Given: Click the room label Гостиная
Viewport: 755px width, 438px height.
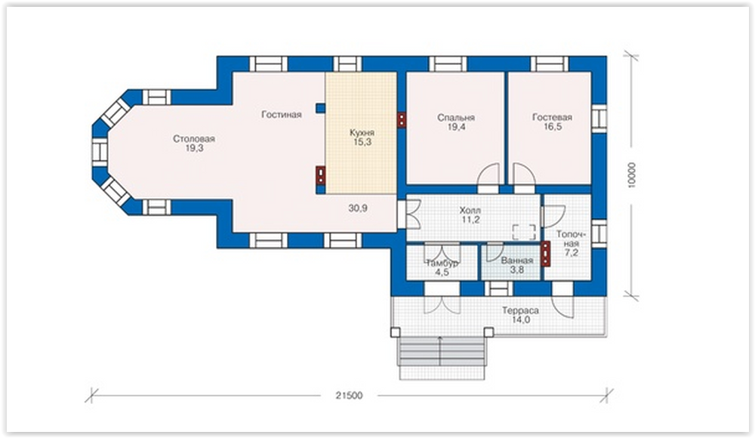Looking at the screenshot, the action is coord(281,114).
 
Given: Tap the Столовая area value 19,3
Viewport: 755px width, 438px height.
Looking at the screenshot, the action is coord(194,149).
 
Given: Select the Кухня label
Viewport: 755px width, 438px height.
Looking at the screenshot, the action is coord(362,132).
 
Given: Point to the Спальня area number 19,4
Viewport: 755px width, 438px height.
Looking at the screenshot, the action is coord(456,127).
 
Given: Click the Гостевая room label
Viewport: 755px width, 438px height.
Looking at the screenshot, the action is coord(553,117).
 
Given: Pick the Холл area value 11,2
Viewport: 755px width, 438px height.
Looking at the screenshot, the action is coord(470,220).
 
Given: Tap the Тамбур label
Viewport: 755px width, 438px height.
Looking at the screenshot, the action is coord(442,263).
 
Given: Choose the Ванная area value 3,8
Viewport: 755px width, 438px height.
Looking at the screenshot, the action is coord(516,270).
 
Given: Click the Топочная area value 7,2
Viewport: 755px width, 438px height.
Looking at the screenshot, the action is coord(571,252).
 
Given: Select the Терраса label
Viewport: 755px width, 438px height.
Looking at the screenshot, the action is coord(520,310).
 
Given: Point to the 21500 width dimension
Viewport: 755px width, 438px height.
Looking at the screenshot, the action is coord(349,396).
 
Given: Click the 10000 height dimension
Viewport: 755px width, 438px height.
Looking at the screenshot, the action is coord(632,175).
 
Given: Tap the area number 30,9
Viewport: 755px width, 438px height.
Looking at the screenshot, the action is coord(358,208).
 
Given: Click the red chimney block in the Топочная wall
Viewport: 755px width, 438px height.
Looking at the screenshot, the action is coord(546,254).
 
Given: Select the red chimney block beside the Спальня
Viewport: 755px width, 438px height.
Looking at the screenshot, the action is coord(401,120).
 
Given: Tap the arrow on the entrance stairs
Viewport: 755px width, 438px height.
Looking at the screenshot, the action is coord(439,351).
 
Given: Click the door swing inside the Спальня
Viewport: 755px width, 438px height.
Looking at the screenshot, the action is coord(488,174).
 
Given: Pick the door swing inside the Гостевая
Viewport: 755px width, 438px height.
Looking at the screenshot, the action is coord(523,174).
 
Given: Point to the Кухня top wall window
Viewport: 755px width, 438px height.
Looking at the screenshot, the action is coord(347,64).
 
